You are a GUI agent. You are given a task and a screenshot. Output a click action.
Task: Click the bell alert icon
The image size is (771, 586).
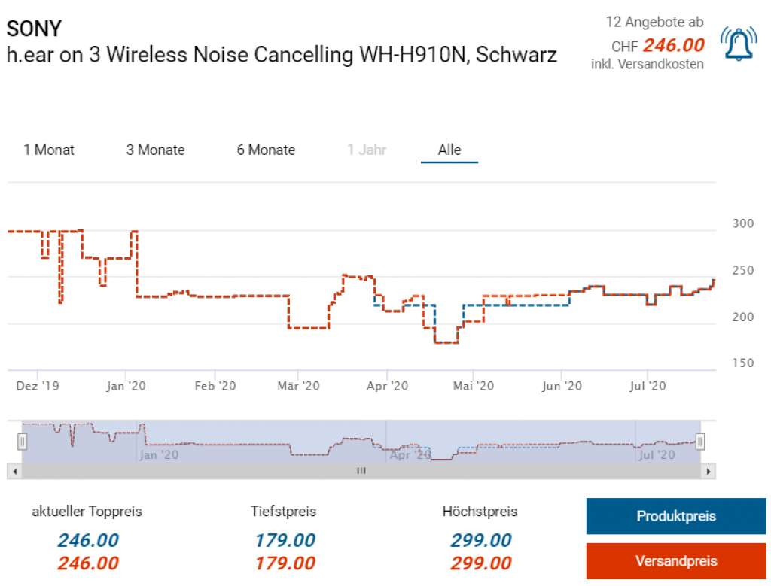point(739,44)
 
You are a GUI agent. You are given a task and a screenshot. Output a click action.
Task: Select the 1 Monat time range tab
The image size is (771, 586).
point(49,150)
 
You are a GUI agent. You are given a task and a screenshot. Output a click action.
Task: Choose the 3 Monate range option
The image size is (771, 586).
point(155,150)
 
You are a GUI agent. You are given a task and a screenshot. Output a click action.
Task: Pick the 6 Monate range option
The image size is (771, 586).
point(266,150)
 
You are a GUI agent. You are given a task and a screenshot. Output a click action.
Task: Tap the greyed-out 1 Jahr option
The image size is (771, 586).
point(367,150)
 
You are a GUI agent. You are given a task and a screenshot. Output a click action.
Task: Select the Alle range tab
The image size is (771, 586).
point(449,150)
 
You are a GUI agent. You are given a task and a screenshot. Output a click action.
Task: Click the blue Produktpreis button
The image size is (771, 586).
point(675,516)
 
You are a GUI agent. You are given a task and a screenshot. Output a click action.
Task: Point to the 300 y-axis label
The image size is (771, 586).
point(742,223)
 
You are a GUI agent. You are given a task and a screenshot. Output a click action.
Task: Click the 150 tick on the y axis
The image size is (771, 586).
point(742,363)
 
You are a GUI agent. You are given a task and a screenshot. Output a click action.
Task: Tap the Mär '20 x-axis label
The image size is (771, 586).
point(299,386)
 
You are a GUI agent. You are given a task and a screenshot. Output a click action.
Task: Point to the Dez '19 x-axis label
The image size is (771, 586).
point(38,386)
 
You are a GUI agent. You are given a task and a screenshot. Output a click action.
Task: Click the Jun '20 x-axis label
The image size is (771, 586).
point(562,386)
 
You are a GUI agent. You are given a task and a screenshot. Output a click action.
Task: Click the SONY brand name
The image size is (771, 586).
point(34,29)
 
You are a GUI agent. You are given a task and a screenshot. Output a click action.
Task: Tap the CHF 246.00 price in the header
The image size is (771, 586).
point(673,45)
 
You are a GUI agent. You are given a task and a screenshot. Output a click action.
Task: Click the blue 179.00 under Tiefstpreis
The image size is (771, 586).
point(284,540)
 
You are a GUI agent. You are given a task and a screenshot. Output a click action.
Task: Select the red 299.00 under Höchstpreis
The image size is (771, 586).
point(480,563)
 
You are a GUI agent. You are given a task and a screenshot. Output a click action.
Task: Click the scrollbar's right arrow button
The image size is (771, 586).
point(707,471)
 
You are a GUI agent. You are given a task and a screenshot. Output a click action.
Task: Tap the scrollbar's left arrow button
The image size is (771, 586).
point(14,471)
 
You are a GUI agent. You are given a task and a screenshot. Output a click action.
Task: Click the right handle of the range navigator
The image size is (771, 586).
point(700,441)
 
